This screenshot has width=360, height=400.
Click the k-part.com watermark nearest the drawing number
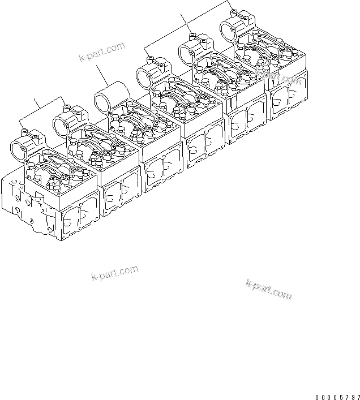pyautogui.click(x=268, y=288)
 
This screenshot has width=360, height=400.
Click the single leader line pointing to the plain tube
pyautogui.click(x=105, y=77)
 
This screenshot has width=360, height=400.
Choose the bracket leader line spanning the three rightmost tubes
pyautogui.click(x=187, y=25)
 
